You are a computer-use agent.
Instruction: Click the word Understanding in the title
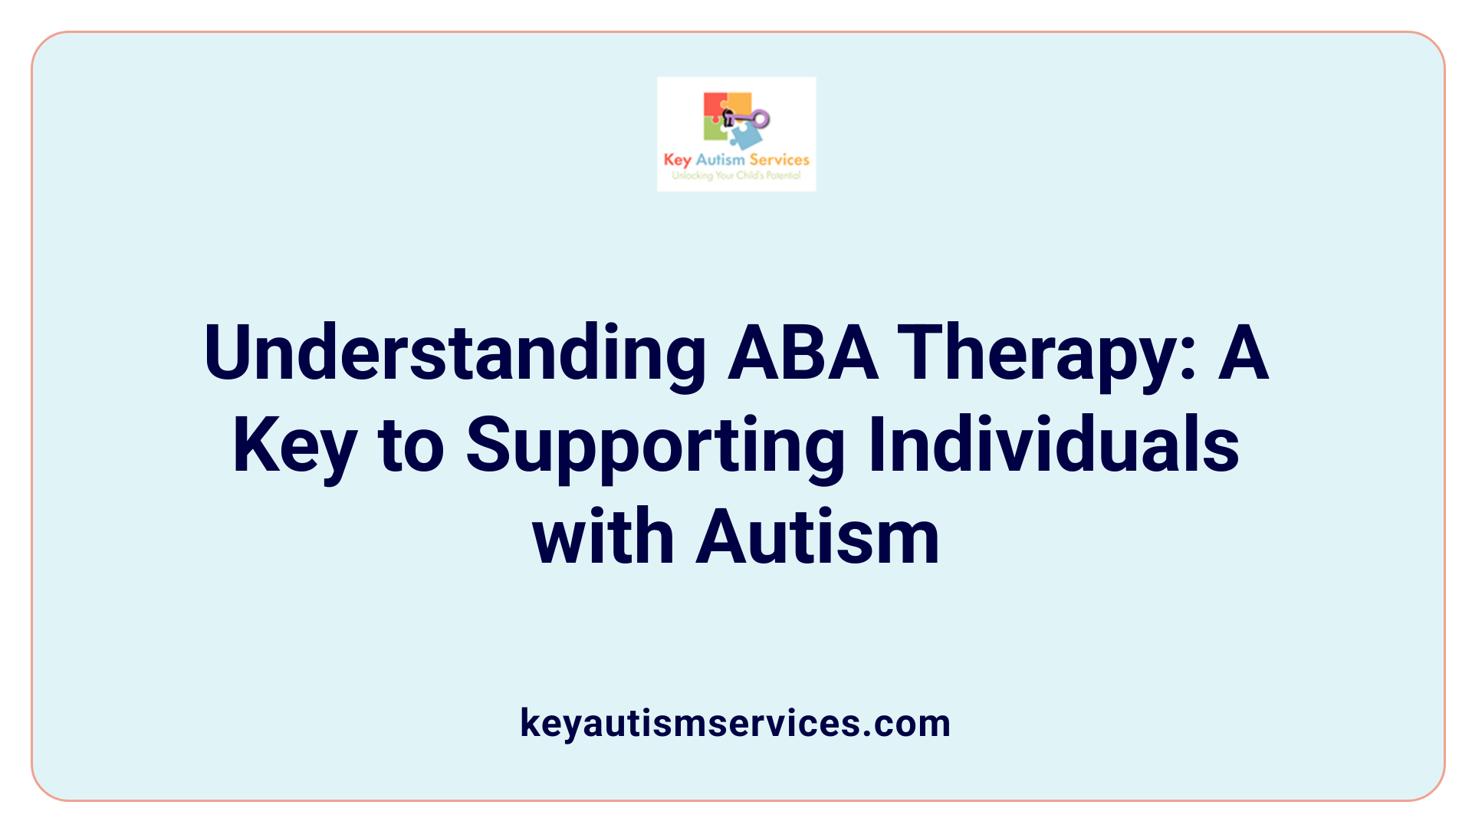click(x=455, y=353)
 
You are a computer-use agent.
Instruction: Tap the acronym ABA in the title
click(x=802, y=353)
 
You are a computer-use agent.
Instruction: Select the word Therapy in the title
click(x=1047, y=353)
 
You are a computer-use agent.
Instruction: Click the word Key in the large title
click(x=295, y=445)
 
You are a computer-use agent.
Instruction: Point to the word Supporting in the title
click(x=655, y=445)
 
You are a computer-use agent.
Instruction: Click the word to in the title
click(x=411, y=445)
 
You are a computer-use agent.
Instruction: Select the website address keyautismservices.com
click(x=735, y=723)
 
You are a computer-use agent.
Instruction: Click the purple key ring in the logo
click(x=760, y=118)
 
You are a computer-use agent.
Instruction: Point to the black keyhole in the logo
click(x=728, y=118)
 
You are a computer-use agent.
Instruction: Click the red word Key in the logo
click(x=677, y=160)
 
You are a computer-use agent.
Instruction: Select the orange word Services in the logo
click(x=779, y=159)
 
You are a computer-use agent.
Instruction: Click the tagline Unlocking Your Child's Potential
click(x=736, y=176)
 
